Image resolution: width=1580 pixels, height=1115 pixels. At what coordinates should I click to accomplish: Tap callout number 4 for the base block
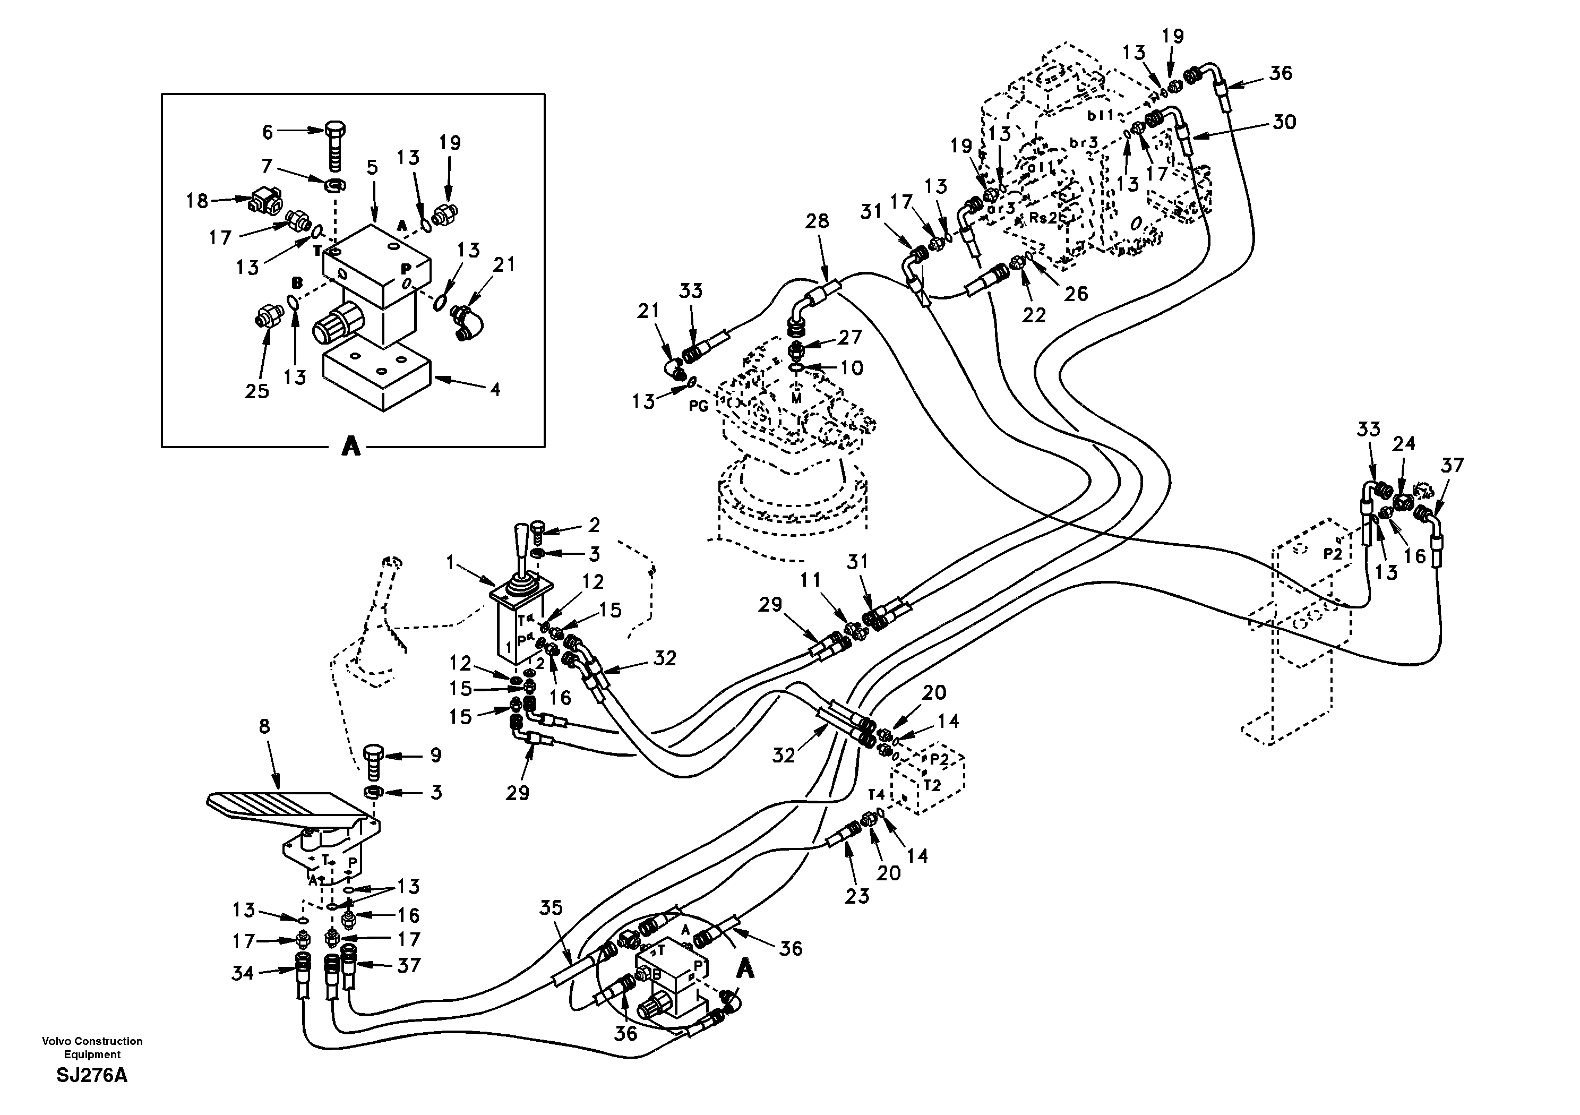pyautogui.click(x=494, y=390)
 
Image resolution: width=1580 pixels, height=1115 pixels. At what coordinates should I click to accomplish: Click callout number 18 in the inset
pyautogui.click(x=197, y=201)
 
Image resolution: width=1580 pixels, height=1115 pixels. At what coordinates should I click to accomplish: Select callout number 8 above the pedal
pyautogui.click(x=264, y=726)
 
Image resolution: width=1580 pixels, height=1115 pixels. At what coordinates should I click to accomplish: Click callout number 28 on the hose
pyautogui.click(x=817, y=221)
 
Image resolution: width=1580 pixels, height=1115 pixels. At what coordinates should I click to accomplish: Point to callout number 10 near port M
pyautogui.click(x=851, y=368)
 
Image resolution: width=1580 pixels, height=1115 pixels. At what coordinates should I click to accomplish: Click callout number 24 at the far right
pyautogui.click(x=1403, y=444)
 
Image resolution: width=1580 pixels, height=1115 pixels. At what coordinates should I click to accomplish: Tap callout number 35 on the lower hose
pyautogui.click(x=551, y=908)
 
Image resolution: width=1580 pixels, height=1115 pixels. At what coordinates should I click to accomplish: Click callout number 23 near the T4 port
pyautogui.click(x=857, y=896)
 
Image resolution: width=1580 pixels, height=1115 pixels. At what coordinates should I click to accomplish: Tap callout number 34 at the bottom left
pyautogui.click(x=242, y=973)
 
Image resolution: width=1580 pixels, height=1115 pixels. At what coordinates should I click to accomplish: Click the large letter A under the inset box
pyautogui.click(x=351, y=448)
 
